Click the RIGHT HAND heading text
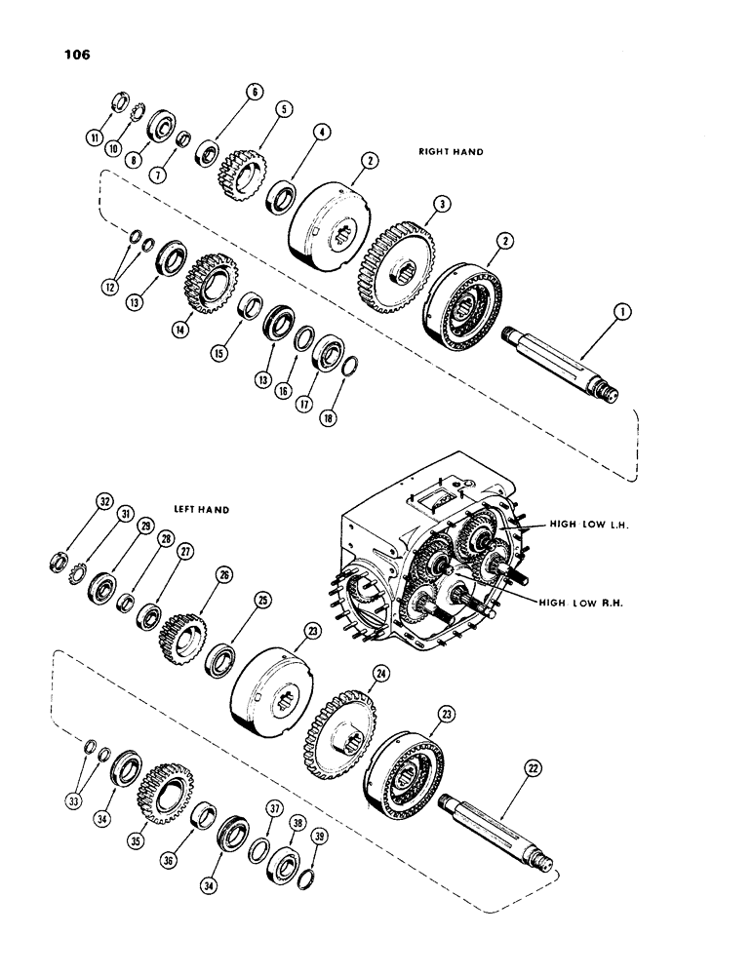click(452, 153)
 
